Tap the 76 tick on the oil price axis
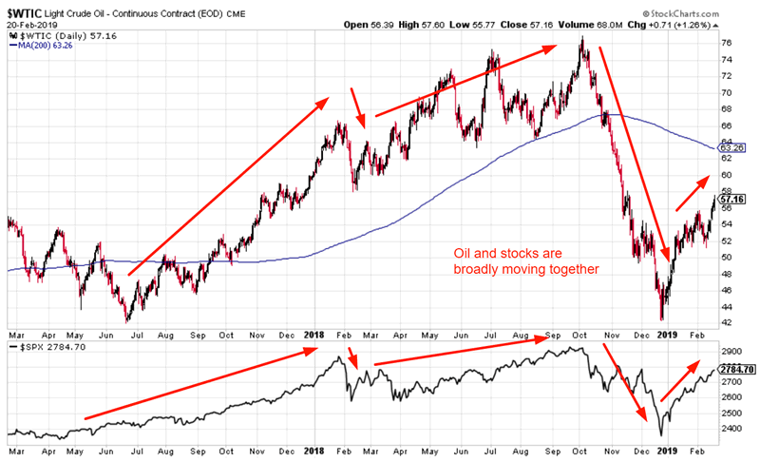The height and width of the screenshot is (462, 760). [x=726, y=43]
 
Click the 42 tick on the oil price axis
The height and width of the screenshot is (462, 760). [x=726, y=323]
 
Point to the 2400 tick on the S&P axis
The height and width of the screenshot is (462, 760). [x=730, y=429]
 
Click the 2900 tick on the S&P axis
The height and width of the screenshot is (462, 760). [x=730, y=349]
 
